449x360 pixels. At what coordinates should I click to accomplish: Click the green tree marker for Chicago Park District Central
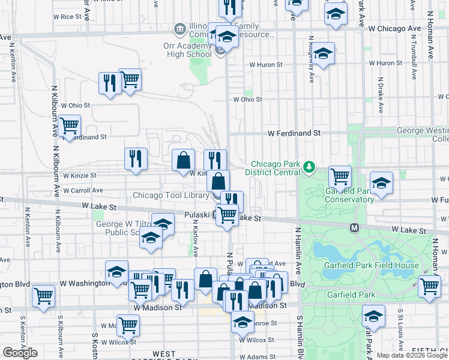click(309, 167)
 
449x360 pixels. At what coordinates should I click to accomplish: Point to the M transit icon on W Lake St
click(354, 227)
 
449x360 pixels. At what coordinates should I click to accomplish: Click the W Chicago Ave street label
click(394, 28)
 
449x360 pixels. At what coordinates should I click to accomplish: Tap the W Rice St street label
click(67, 17)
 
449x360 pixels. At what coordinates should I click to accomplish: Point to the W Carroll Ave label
click(83, 190)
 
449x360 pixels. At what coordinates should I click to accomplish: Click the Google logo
click(20, 353)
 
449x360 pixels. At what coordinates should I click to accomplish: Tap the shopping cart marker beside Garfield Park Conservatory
click(340, 177)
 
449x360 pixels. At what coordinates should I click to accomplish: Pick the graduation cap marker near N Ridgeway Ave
click(323, 55)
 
